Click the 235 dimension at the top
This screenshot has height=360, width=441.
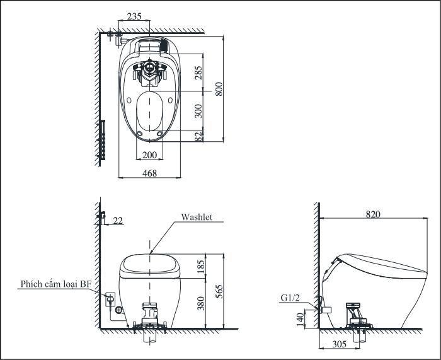[134, 16]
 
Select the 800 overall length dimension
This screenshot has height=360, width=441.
[219, 89]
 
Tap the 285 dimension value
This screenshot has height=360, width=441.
[198, 73]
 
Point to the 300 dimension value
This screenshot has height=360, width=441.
[198, 111]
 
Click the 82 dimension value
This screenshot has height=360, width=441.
[198, 137]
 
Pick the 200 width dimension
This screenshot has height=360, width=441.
[149, 155]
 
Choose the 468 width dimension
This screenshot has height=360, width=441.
[149, 173]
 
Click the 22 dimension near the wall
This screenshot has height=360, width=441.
[118, 221]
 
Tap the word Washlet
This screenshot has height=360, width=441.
[197, 217]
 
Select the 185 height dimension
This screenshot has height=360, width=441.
[201, 267]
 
